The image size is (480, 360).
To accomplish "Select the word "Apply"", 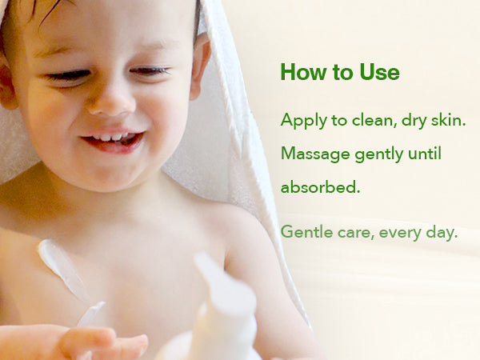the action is click(304, 121).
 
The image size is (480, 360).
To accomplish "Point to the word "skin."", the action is click(449, 120).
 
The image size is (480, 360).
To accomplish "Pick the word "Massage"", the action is click(315, 154).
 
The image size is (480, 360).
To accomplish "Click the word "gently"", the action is click(379, 154).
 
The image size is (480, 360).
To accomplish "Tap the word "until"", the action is click(425, 153).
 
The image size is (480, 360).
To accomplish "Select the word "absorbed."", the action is click(320, 186).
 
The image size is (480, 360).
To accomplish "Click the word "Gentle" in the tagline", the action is click(306, 232).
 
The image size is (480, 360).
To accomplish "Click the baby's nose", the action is click(110, 101).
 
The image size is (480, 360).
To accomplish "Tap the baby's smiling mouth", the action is click(114, 140).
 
